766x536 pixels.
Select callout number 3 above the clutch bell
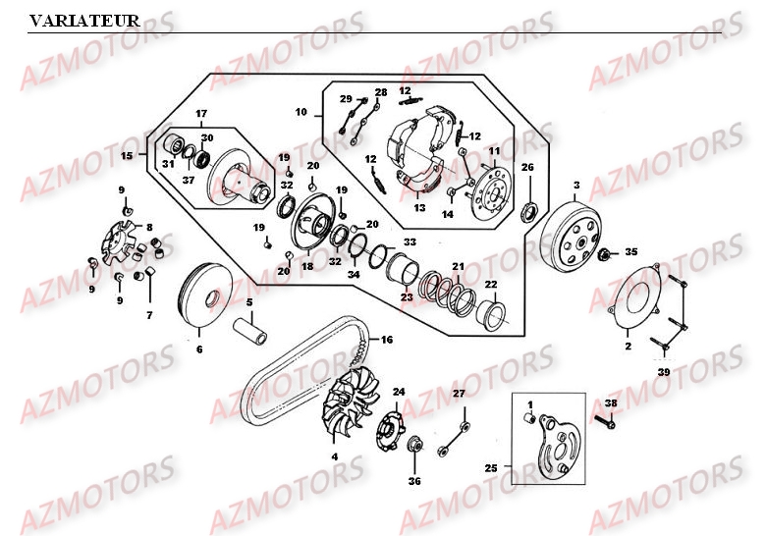tap(576, 185)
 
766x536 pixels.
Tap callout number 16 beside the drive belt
tap(387, 340)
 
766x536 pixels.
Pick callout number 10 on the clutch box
tap(301, 115)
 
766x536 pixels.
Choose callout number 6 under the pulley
tap(199, 348)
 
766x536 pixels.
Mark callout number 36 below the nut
tap(413, 481)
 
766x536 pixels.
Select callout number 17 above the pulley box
tap(200, 112)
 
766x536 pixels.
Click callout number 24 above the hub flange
tap(398, 392)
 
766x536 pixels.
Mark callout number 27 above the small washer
tap(458, 394)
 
